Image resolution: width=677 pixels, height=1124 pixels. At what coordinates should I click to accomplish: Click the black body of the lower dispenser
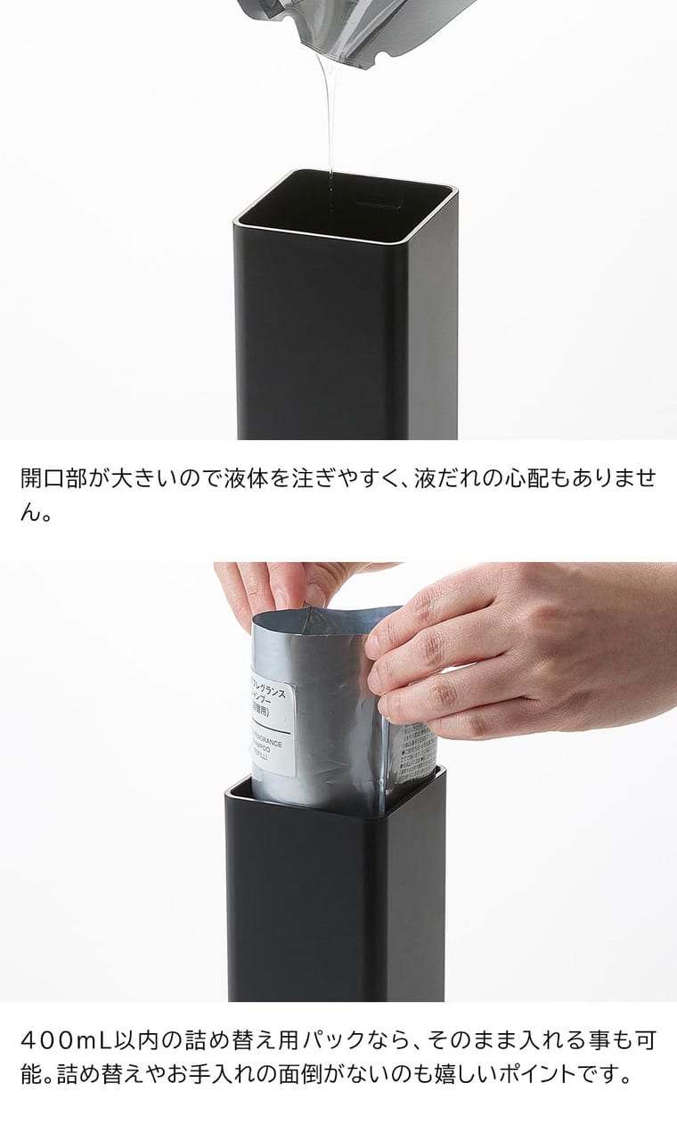click(335, 900)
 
